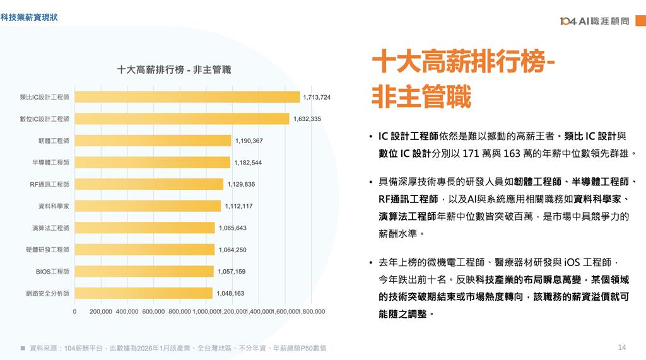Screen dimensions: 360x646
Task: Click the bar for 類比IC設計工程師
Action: coord(187,97)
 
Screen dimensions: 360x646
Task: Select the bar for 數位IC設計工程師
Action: coord(182,119)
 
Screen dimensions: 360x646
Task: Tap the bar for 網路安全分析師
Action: coord(143,293)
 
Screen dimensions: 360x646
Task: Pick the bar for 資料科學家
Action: coord(148,206)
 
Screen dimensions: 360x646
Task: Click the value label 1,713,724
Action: coord(317,97)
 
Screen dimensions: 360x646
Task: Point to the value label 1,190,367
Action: coord(249,141)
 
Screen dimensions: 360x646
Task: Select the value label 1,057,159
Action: coord(232,272)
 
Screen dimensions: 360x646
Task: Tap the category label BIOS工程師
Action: coord(52,272)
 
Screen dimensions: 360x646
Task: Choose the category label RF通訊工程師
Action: coord(50,184)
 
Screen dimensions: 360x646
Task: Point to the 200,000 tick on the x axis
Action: coord(101,311)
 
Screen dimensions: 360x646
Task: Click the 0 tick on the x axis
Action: coord(74,311)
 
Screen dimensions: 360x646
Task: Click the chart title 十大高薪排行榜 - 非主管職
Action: coord(174,69)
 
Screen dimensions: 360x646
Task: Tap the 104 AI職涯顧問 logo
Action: coord(594,21)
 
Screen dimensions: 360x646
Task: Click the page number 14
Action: coord(622,347)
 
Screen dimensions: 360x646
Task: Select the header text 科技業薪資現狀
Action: coord(29,17)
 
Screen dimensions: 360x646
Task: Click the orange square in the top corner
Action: coord(640,21)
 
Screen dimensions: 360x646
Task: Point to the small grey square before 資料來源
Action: coord(23,348)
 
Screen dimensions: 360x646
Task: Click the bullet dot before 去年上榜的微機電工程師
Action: coord(371,262)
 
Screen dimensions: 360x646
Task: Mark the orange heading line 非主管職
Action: coord(421,96)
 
